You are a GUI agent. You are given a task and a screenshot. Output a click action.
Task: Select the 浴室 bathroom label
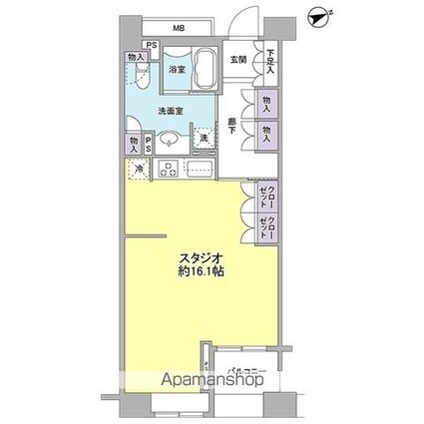tap(178, 71)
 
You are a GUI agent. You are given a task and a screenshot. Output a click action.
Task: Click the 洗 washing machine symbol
tap(205, 141)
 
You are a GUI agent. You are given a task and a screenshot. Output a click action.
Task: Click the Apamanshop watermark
tap(190, 381)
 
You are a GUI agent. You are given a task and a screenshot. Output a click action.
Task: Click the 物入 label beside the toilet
tap(134, 57)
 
